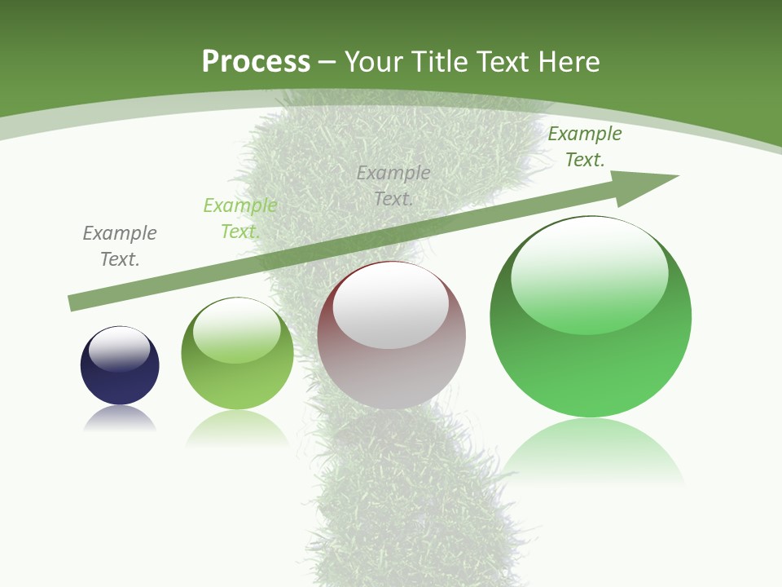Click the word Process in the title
256,62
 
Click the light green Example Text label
240,218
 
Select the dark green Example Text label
585,147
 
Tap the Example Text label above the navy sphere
120,246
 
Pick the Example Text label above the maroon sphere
393,185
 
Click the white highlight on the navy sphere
120,347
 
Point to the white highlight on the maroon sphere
391,306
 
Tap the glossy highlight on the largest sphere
589,265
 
